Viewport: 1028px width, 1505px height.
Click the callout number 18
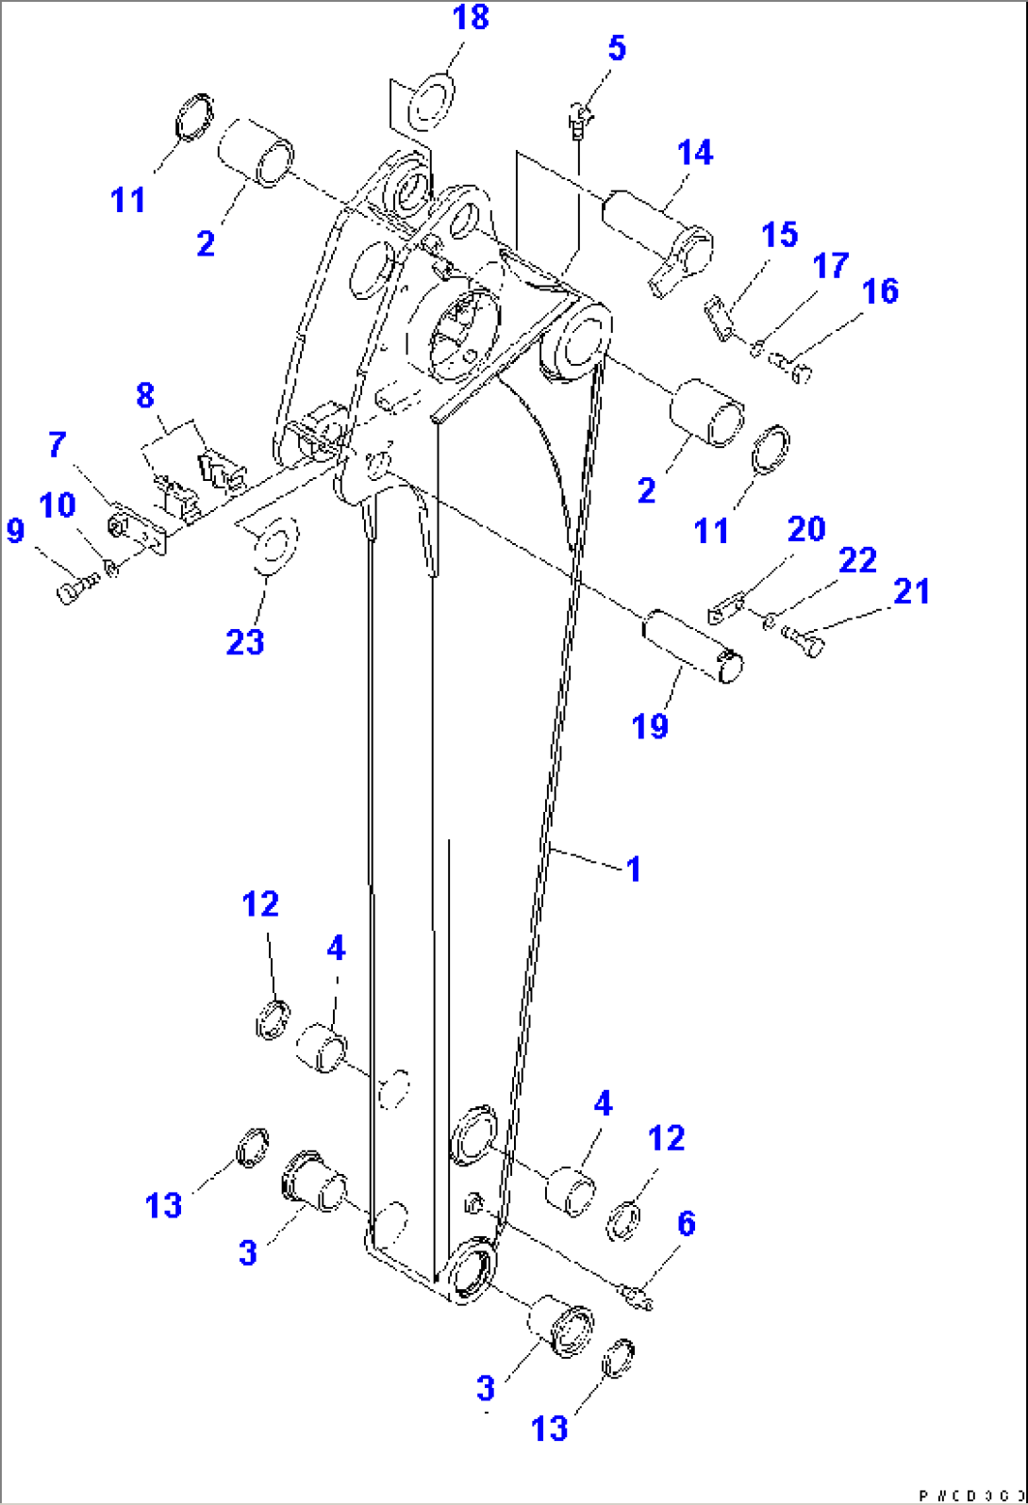(x=470, y=18)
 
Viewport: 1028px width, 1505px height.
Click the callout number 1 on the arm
(x=634, y=868)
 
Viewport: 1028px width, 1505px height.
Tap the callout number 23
(x=244, y=643)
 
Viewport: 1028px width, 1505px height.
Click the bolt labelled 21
(x=804, y=643)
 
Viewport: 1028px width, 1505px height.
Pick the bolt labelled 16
(x=795, y=369)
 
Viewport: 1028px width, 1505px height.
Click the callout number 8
(x=144, y=396)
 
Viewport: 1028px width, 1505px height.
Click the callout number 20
(x=806, y=530)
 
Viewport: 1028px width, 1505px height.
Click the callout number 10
(x=58, y=505)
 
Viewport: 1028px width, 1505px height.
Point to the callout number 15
(x=779, y=235)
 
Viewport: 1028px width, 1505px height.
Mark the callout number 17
(x=831, y=266)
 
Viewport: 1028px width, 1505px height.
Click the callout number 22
(x=857, y=560)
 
